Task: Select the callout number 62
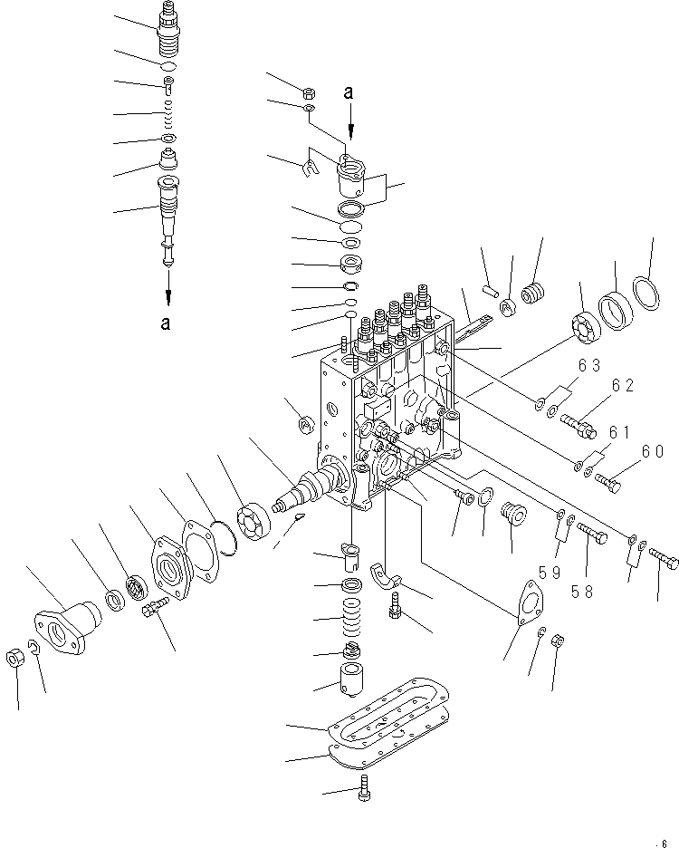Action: pos(623,385)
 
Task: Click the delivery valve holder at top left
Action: pos(169,30)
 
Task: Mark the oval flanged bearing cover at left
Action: pos(65,620)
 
